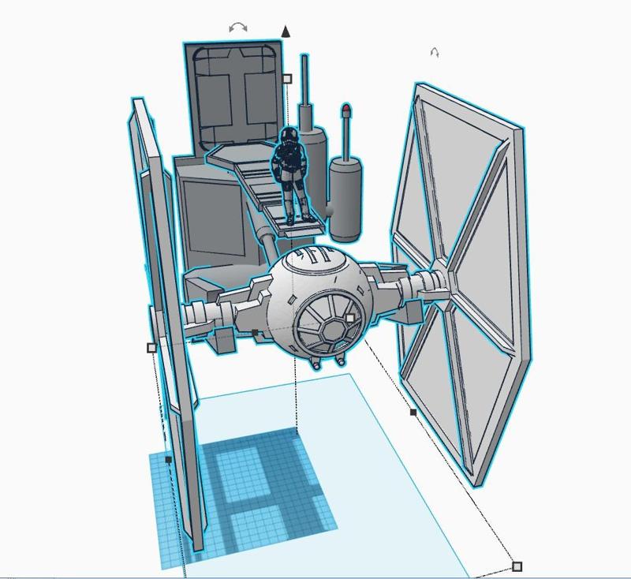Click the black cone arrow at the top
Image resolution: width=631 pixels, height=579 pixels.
click(286, 32)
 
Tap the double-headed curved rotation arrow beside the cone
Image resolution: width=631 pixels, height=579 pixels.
click(237, 28)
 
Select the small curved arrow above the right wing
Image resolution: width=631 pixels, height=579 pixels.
click(434, 53)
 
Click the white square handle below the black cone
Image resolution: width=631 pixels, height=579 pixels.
click(286, 79)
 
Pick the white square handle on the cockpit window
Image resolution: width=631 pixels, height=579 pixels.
click(350, 319)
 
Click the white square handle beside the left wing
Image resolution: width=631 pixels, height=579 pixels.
click(152, 347)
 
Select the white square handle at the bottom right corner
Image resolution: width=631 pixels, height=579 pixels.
click(517, 566)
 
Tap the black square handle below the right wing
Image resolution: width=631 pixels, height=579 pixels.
click(413, 412)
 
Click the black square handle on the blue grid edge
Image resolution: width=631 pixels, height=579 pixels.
click(169, 459)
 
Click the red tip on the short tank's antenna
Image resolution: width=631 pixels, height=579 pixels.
click(346, 107)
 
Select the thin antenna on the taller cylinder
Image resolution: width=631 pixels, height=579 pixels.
click(304, 87)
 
